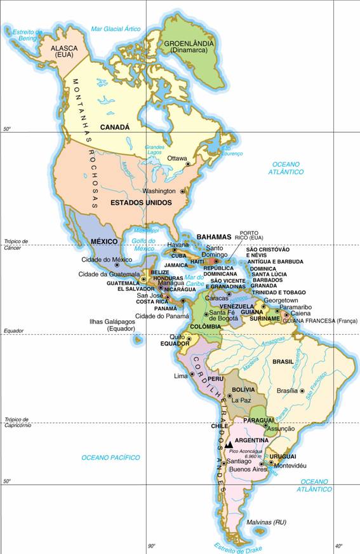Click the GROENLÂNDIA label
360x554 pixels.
189,43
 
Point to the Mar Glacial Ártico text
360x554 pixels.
115,29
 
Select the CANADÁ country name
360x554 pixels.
114,127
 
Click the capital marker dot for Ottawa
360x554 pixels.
188,164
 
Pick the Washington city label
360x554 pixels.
159,191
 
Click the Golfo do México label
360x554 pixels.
143,245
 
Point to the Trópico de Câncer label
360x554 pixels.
16,245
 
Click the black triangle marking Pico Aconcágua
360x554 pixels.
229,445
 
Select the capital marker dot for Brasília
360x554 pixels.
302,391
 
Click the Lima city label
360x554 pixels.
180,375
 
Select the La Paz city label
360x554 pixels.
242,401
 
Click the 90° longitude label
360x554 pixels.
152,546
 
